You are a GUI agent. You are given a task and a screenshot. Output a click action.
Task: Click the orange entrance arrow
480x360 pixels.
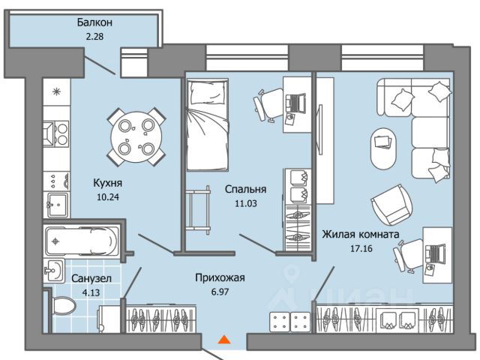[223, 339]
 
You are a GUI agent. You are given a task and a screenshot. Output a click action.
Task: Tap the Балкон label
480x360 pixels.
[95, 22]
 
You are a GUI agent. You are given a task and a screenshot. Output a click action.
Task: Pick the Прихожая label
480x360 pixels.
[220, 277]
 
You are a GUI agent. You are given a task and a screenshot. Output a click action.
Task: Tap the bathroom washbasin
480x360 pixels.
[55, 270]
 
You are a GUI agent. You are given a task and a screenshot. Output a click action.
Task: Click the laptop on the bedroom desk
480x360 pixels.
[297, 101]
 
